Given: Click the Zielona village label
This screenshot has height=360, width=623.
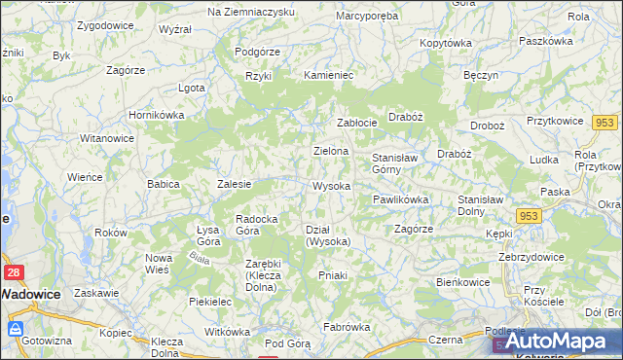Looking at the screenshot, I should click(330, 152).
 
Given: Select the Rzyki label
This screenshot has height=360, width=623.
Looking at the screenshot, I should click(258, 75).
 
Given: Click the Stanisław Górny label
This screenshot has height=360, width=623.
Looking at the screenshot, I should click(393, 162).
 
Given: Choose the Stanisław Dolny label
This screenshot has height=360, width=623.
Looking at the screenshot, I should click(479, 204).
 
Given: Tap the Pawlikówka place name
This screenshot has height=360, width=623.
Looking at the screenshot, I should click(400, 199).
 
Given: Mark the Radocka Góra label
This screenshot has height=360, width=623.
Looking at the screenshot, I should click(260, 225).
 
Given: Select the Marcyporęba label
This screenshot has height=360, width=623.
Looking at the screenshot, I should click(366, 17).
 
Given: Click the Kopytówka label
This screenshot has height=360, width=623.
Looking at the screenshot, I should click(445, 44).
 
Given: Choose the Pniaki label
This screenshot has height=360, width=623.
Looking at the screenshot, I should click(333, 275).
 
